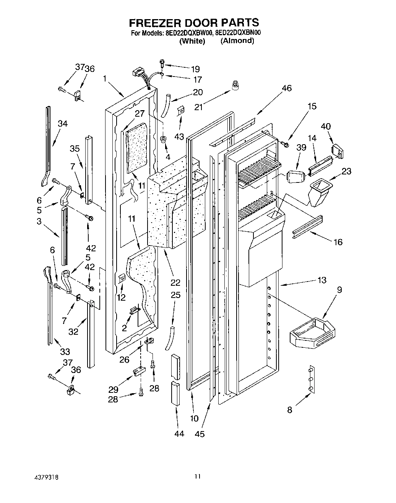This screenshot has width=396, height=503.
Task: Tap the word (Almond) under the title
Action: click(237, 41)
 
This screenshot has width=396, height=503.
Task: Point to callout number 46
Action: click(286, 88)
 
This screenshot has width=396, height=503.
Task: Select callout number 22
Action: click(175, 283)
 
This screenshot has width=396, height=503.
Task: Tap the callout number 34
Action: click(63, 123)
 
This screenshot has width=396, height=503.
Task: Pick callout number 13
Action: click(322, 280)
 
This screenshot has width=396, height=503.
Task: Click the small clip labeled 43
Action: click(181, 112)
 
